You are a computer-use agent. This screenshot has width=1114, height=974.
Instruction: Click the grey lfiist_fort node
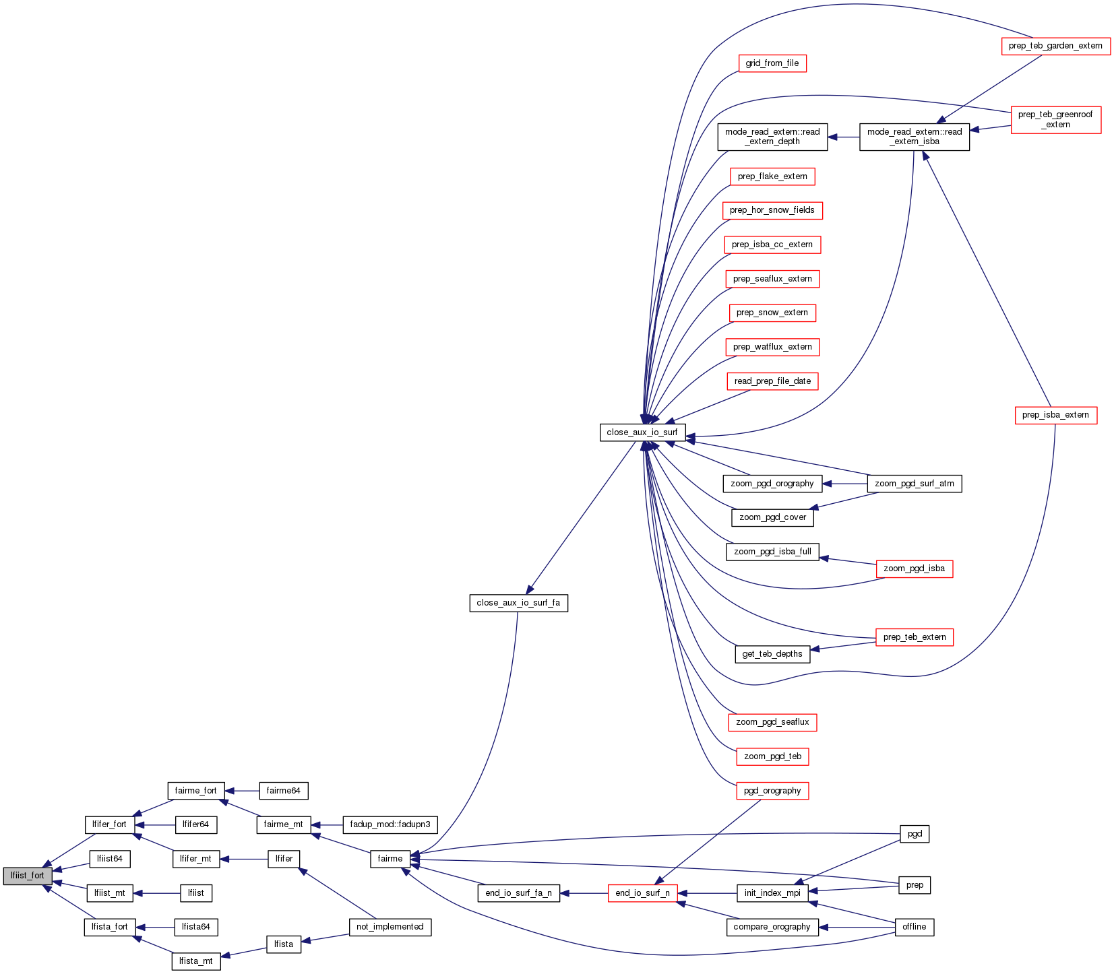(x=28, y=876)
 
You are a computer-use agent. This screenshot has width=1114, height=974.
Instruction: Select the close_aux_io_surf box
(x=642, y=432)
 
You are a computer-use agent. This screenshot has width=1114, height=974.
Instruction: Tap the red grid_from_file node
(x=772, y=63)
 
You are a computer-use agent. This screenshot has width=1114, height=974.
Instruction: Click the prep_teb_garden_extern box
(x=1055, y=46)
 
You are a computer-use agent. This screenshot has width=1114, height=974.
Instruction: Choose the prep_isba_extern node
(x=1055, y=415)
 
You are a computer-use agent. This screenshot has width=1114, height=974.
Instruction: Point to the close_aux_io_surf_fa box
(x=518, y=603)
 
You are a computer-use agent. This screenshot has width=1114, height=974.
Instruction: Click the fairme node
(x=390, y=859)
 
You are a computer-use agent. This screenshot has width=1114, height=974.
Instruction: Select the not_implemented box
(x=390, y=927)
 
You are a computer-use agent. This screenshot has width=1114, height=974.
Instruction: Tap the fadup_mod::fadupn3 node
(x=390, y=824)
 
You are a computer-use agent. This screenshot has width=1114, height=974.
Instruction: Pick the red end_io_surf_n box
(x=642, y=893)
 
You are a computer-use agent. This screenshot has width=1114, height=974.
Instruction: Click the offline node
(x=915, y=927)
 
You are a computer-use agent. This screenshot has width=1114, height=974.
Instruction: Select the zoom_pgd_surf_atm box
(x=915, y=484)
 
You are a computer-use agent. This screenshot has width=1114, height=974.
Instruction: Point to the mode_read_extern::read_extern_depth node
(x=772, y=136)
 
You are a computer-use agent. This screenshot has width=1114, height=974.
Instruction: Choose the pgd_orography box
(x=772, y=791)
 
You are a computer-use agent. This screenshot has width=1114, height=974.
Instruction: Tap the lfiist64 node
(x=110, y=859)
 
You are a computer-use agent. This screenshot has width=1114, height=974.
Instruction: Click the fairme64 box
(x=283, y=791)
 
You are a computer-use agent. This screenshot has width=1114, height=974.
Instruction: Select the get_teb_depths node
(x=772, y=654)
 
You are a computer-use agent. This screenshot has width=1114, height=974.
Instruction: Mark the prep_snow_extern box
(x=772, y=313)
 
